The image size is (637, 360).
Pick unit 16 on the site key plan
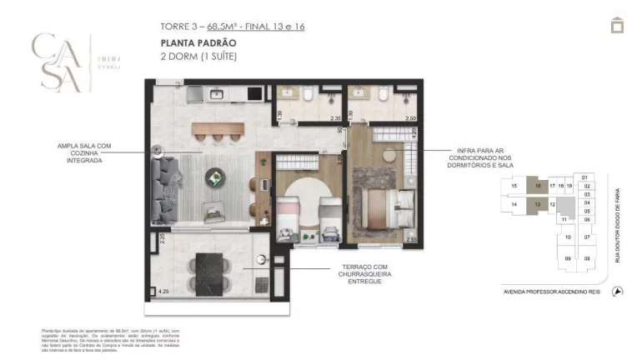pos(539,186)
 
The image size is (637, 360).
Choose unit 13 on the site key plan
pos(539,204)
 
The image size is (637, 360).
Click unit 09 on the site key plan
pos(569,258)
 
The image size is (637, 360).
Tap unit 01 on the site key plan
pos(585,177)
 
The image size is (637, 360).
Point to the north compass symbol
pos(617,291)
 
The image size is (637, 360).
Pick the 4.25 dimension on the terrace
pos(163,292)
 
